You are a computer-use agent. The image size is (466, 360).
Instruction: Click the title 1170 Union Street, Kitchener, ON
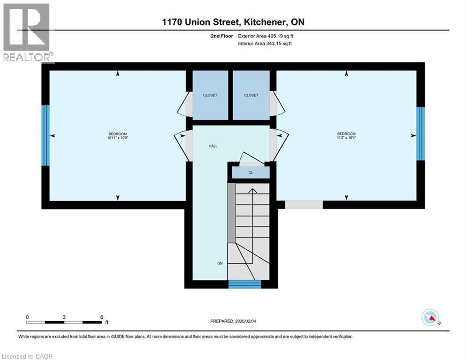233,22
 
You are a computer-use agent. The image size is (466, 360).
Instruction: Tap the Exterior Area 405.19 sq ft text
265,36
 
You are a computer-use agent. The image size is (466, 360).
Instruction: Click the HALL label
213,146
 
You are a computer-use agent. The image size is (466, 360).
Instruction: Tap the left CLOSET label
210,95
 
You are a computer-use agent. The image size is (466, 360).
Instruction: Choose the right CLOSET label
251,95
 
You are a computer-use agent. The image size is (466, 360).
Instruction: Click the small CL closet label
251,172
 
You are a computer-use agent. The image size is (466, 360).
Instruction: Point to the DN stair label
220,263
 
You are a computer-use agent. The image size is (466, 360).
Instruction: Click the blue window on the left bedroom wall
45,135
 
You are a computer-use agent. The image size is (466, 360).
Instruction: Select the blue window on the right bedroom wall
421,134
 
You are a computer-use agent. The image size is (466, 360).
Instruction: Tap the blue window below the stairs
244,284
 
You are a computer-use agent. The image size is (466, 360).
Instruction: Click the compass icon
430,318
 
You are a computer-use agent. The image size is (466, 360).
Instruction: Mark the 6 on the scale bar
102,317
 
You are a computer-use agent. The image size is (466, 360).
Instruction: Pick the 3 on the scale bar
64,317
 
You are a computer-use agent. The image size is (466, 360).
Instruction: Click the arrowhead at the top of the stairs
252,190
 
